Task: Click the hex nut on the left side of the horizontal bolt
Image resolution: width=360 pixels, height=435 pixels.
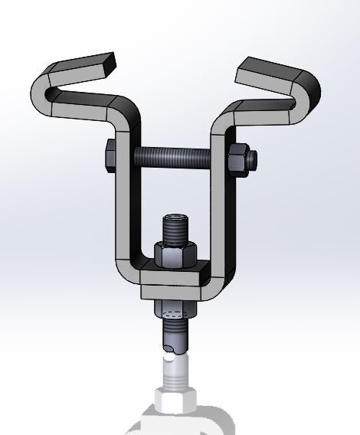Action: (x=109, y=156)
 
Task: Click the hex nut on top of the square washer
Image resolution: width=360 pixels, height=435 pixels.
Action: (x=175, y=254)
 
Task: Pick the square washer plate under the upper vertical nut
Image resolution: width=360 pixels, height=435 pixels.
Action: (x=175, y=273)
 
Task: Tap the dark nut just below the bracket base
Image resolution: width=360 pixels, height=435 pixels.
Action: (x=174, y=311)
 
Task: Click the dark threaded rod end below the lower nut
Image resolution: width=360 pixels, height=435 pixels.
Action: (x=174, y=337)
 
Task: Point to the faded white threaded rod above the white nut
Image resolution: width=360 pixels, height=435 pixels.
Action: (x=175, y=371)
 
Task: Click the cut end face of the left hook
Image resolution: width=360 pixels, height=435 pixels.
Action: (x=112, y=60)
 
